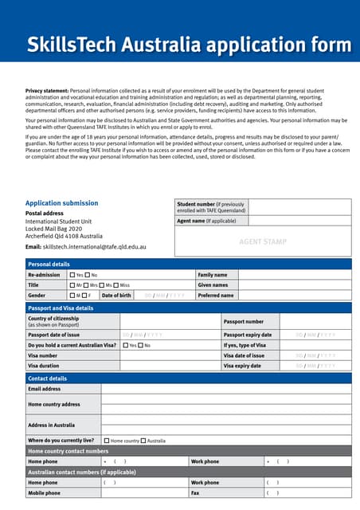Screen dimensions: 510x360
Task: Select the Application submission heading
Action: (62, 203)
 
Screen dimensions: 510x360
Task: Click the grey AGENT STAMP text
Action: (263, 241)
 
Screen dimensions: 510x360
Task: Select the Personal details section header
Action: (49, 264)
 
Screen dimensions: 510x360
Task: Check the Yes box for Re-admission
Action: (72, 274)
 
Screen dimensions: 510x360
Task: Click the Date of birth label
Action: (117, 295)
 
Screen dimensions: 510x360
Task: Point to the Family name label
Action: (213, 274)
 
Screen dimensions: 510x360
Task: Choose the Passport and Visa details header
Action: (61, 308)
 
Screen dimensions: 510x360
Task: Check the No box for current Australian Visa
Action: (139, 345)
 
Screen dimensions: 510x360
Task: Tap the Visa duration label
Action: (45, 365)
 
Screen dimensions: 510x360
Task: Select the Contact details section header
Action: (48, 378)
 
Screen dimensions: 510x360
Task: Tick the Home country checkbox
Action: (107, 441)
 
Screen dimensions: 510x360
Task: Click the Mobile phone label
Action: (44, 493)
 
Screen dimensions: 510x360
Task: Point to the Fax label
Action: (195, 493)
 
